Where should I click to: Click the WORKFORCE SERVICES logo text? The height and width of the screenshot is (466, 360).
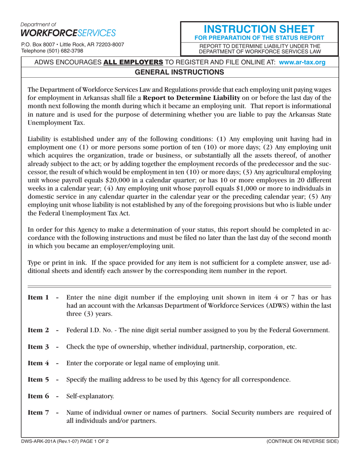coord(68,33)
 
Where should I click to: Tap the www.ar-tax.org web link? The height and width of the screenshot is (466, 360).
coord(302,63)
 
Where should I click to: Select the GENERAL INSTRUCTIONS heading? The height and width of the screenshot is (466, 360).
coord(180,72)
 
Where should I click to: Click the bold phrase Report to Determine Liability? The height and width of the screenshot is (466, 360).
coord(199,99)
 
